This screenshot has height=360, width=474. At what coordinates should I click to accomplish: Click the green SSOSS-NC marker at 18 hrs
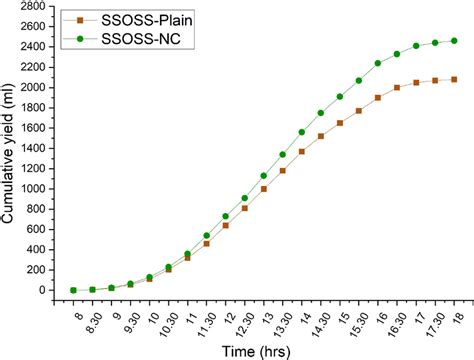point(454,41)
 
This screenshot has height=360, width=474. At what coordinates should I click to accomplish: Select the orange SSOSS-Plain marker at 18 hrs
point(454,79)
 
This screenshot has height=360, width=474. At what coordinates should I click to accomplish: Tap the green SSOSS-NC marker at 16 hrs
point(378,63)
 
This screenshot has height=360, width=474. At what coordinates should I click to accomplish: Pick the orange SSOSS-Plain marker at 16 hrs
point(378,98)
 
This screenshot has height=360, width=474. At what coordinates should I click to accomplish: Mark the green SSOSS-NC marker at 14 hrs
point(302,132)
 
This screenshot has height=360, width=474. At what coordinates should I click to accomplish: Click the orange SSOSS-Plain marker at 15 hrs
point(340,123)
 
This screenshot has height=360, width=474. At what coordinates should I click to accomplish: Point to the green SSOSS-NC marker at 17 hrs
point(416,46)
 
